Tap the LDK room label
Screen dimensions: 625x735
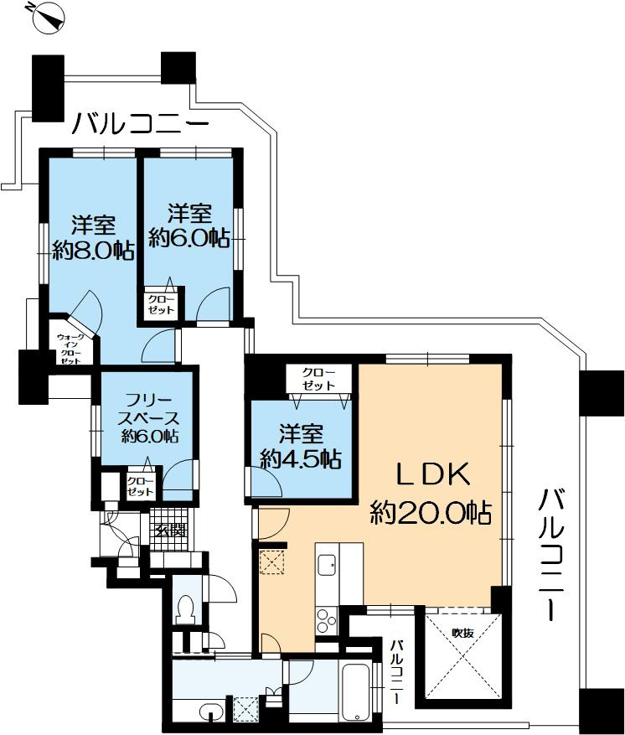432,474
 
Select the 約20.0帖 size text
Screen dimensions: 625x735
431,512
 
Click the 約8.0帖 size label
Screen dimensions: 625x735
93,251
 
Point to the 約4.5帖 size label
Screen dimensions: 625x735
301,458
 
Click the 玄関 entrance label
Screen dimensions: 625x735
171,531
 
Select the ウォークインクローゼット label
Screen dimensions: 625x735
70,349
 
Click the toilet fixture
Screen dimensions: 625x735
187,608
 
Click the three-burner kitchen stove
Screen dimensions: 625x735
327,620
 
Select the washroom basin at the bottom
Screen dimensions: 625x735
211,711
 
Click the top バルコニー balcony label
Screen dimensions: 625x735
141,123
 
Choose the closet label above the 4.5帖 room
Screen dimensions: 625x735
318,379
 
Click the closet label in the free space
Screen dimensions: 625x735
140,486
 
